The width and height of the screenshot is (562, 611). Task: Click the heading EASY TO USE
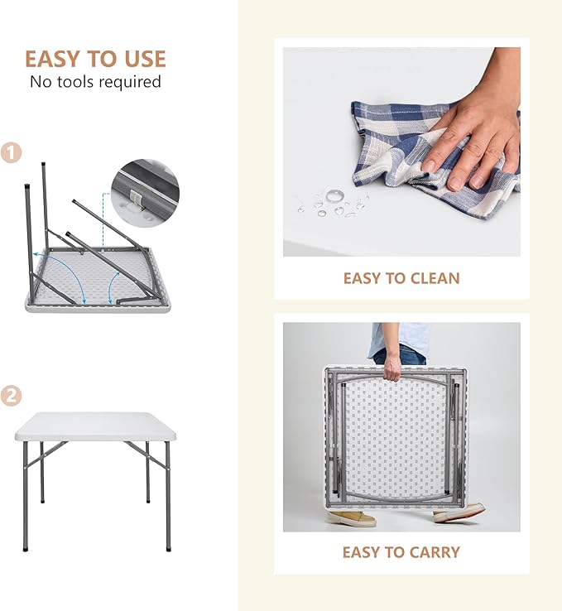click(x=95, y=59)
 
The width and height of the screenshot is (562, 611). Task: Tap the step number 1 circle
click(x=11, y=152)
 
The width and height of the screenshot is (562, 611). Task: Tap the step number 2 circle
click(x=11, y=396)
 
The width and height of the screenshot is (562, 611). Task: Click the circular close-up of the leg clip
click(x=145, y=193)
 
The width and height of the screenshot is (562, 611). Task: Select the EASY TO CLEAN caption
click(x=401, y=278)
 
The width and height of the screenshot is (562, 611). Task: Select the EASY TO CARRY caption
click(x=401, y=552)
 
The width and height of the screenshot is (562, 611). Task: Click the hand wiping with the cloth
click(x=475, y=128)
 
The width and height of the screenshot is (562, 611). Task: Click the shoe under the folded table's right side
click(x=459, y=512)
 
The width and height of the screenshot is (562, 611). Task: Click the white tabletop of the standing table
click(x=95, y=426)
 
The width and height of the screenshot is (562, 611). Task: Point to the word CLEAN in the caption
click(x=435, y=278)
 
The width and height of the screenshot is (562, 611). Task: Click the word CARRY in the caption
click(x=435, y=552)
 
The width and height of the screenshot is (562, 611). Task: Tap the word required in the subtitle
click(x=130, y=82)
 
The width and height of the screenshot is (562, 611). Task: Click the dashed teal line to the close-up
click(x=103, y=219)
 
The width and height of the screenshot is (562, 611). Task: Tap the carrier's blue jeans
click(x=401, y=355)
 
